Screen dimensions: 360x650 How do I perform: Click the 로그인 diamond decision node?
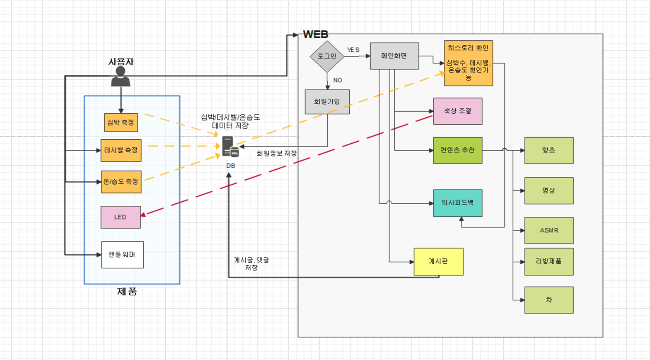tap(327, 56)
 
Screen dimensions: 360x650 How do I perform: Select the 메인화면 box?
tap(394, 56)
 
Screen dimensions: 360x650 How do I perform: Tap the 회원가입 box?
tap(327, 102)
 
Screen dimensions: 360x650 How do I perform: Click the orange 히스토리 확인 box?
tap(468, 63)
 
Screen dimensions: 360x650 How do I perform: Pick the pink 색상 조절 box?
tap(458, 111)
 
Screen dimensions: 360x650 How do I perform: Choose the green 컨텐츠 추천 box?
tap(458, 150)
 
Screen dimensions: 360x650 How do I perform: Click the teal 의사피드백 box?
tap(458, 203)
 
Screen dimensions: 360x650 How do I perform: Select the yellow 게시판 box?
tap(438, 262)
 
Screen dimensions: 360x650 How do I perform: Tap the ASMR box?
tap(548, 230)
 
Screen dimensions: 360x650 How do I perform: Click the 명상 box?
tap(548, 191)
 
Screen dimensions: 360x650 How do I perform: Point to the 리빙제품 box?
tap(548, 262)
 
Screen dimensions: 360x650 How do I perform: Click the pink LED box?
tap(120, 217)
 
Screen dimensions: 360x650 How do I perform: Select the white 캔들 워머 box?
tap(122, 255)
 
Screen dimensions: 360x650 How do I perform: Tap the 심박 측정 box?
tap(121, 123)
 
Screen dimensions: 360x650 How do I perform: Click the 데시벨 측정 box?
tap(121, 150)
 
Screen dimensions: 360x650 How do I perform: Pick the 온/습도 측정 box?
tap(121, 182)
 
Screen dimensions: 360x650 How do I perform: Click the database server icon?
tap(230, 147)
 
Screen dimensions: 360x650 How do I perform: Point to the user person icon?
tap(120, 77)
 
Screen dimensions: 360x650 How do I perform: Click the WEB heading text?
tap(316, 34)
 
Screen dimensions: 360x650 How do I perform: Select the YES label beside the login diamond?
tap(353, 50)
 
